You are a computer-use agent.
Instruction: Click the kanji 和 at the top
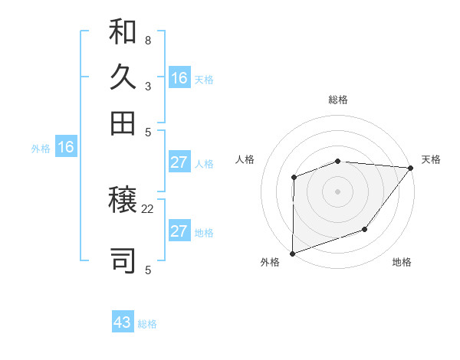click(x=123, y=32)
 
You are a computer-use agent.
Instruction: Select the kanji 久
click(x=123, y=77)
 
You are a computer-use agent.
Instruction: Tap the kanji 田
click(x=123, y=123)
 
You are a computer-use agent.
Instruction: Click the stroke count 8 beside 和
click(x=148, y=40)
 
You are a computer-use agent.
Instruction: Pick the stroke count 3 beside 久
click(x=148, y=87)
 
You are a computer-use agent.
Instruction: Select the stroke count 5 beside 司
click(x=148, y=270)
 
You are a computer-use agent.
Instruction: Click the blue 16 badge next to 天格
click(x=179, y=77)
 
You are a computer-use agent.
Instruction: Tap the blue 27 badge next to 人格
click(x=179, y=162)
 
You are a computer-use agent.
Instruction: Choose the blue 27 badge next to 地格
click(x=179, y=231)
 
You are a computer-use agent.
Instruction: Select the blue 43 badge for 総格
click(x=123, y=322)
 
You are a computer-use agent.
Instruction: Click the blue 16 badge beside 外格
click(x=65, y=147)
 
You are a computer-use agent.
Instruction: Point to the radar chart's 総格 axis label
click(x=337, y=100)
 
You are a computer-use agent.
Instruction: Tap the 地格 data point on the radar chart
click(x=365, y=229)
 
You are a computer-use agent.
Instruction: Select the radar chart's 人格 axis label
click(x=245, y=159)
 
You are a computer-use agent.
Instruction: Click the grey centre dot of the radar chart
click(x=337, y=191)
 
